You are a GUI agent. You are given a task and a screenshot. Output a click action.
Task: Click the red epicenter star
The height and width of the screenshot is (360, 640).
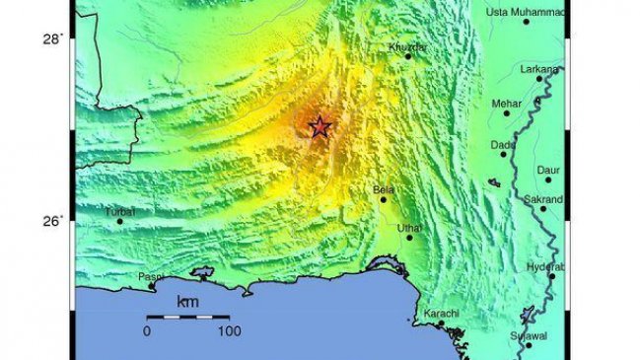point(319,127)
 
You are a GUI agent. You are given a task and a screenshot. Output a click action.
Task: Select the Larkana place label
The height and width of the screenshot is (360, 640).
point(540,69)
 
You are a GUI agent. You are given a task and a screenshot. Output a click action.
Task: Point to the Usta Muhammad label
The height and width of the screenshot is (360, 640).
point(526,12)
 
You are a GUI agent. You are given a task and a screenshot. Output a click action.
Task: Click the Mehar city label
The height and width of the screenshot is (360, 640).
point(506,103)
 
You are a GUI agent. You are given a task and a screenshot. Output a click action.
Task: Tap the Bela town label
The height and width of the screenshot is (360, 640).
point(383,188)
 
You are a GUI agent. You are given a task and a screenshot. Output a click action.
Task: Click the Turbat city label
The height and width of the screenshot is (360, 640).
point(119,211)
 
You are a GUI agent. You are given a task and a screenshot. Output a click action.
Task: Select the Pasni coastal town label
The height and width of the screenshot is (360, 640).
point(150,277)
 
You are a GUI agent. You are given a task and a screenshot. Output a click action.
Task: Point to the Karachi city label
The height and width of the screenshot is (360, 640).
point(441,314)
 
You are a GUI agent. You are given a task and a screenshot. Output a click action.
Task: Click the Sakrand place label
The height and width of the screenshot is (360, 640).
point(543,198)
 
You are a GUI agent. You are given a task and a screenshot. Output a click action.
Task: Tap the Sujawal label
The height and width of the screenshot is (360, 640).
point(528,336)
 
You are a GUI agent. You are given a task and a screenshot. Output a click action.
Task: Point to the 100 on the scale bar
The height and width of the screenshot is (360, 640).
point(230,332)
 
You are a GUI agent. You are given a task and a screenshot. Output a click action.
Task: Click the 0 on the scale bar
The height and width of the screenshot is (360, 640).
point(147,332)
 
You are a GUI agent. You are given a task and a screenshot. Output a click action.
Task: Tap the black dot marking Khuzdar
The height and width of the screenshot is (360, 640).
point(407,56)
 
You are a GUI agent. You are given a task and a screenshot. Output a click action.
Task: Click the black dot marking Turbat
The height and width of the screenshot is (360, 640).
point(120,221)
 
